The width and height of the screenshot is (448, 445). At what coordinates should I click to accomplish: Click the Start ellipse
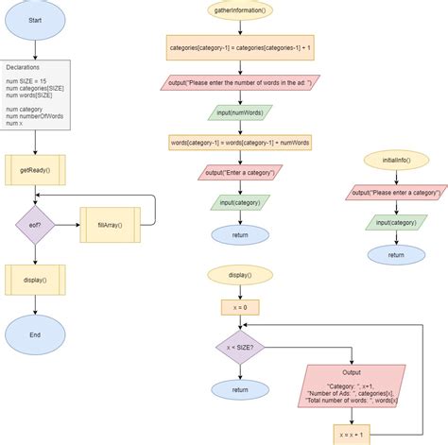pos(35,20)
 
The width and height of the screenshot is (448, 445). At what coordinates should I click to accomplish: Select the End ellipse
pos(35,334)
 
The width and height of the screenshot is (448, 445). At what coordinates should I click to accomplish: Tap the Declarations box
pos(35,94)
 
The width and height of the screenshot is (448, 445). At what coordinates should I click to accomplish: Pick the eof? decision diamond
pos(35,226)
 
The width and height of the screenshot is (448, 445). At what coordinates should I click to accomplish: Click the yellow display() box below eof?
pos(35,280)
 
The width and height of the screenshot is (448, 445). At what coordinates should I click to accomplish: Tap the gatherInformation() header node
pos(239,11)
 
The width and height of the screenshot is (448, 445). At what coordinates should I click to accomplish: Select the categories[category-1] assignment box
pos(239,46)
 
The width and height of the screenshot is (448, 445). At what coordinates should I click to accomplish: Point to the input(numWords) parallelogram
pos(239,111)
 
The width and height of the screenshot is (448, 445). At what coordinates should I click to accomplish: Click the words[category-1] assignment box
pos(239,142)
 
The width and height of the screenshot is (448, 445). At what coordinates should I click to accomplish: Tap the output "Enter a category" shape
pos(239,172)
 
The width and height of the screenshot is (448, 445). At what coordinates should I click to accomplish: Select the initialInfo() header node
pos(395,162)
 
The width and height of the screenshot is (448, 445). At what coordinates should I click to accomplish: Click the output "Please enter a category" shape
pos(395,193)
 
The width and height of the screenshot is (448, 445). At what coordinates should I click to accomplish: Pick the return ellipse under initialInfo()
pos(395,253)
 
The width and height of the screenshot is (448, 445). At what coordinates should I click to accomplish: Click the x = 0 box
pos(239,307)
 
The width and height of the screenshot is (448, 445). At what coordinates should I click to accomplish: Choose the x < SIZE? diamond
pos(239,348)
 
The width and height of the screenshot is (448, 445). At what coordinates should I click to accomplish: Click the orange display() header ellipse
pos(239,275)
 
